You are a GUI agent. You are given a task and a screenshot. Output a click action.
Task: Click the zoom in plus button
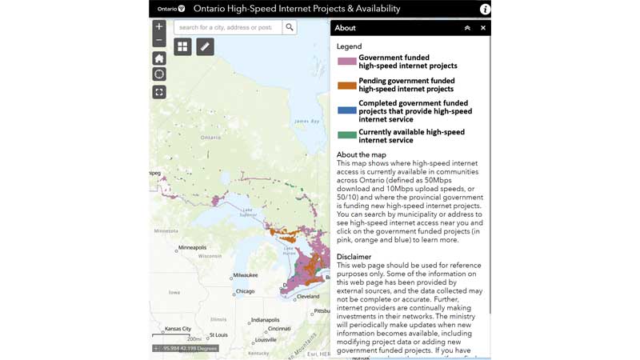pyautogui.click(x=159, y=26)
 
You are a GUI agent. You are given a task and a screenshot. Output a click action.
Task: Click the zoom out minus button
pyautogui.click(x=159, y=40)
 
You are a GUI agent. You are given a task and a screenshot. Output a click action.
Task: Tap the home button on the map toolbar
pyautogui.click(x=159, y=58)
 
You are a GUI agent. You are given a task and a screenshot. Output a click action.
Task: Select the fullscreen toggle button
pyautogui.click(x=159, y=92)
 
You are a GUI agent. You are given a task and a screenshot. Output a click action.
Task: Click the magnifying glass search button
pyautogui.click(x=290, y=27)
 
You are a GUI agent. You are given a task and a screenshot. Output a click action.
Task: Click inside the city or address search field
pyautogui.click(x=227, y=27)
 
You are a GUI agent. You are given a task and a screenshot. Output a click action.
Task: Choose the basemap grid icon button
pyautogui.click(x=182, y=47)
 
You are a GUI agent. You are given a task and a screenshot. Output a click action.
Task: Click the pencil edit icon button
pyautogui.click(x=205, y=47)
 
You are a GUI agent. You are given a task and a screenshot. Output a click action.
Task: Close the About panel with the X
pyautogui.click(x=482, y=28)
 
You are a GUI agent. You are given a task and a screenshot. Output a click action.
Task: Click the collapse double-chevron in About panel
pyautogui.click(x=467, y=28)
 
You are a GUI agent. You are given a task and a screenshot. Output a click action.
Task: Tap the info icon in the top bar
pyautogui.click(x=485, y=9)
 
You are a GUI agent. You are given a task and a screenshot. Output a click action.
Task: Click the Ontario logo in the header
pyautogui.click(x=171, y=9)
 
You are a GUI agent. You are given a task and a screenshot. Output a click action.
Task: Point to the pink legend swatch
pyautogui.click(x=346, y=62)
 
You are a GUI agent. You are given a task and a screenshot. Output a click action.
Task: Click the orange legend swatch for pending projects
pyautogui.click(x=346, y=85)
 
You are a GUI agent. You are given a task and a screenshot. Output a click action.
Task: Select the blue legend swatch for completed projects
pyautogui.click(x=346, y=111)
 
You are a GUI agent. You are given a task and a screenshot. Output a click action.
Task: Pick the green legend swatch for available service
pyautogui.click(x=346, y=135)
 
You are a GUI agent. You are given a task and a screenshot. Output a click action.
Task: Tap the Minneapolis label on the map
pyautogui.click(x=192, y=248)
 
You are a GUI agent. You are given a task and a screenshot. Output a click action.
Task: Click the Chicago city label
pyautogui.click(x=245, y=292)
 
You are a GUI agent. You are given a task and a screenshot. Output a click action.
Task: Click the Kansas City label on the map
pyautogui.click(x=178, y=329)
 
